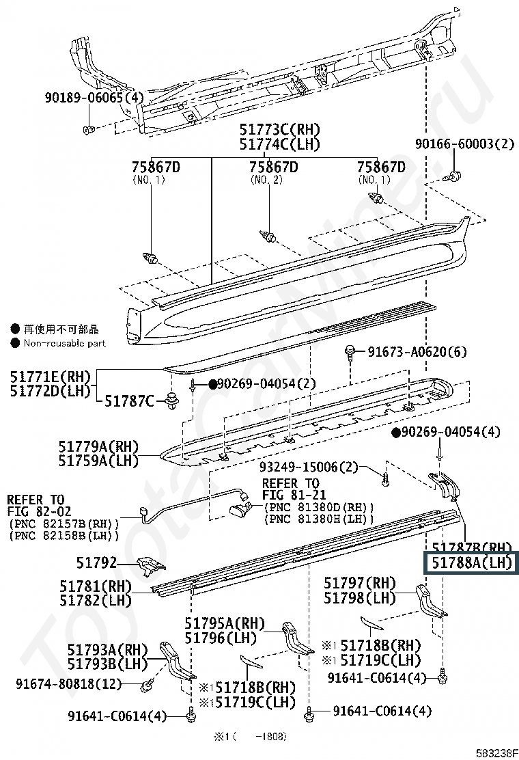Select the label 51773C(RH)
coord(279,130)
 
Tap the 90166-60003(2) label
coord(464,144)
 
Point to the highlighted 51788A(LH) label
coord(472,562)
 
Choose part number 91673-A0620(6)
coord(417,352)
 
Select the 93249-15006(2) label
coord(309,467)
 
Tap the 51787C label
coord(129,401)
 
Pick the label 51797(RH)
coord(360,583)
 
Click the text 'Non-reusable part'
coord(65,343)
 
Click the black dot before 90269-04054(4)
coord(395,433)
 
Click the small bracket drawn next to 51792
coord(151,566)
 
